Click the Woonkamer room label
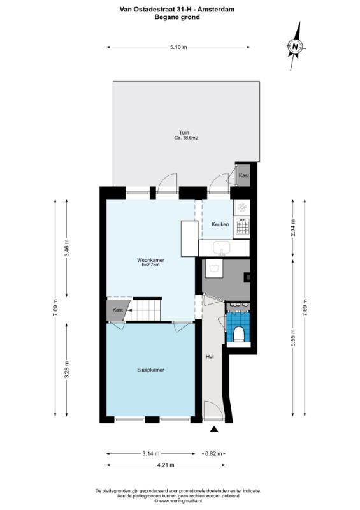[150, 260]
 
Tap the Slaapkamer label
[150, 370]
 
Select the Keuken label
[220, 224]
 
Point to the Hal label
[210, 357]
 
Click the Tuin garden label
[184, 133]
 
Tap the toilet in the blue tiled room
[239, 334]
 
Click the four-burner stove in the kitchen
[243, 226]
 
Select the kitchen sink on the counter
[222, 248]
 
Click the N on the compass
[295, 46]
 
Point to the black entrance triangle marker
[213, 429]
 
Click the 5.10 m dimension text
[178, 47]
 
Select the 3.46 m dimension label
[67, 248]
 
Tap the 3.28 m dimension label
[67, 370]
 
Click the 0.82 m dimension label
[213, 453]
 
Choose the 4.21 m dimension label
[166, 465]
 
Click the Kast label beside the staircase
[118, 310]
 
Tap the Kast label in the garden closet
[244, 175]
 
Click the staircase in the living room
[144, 310]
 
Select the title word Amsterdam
[216, 10]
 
